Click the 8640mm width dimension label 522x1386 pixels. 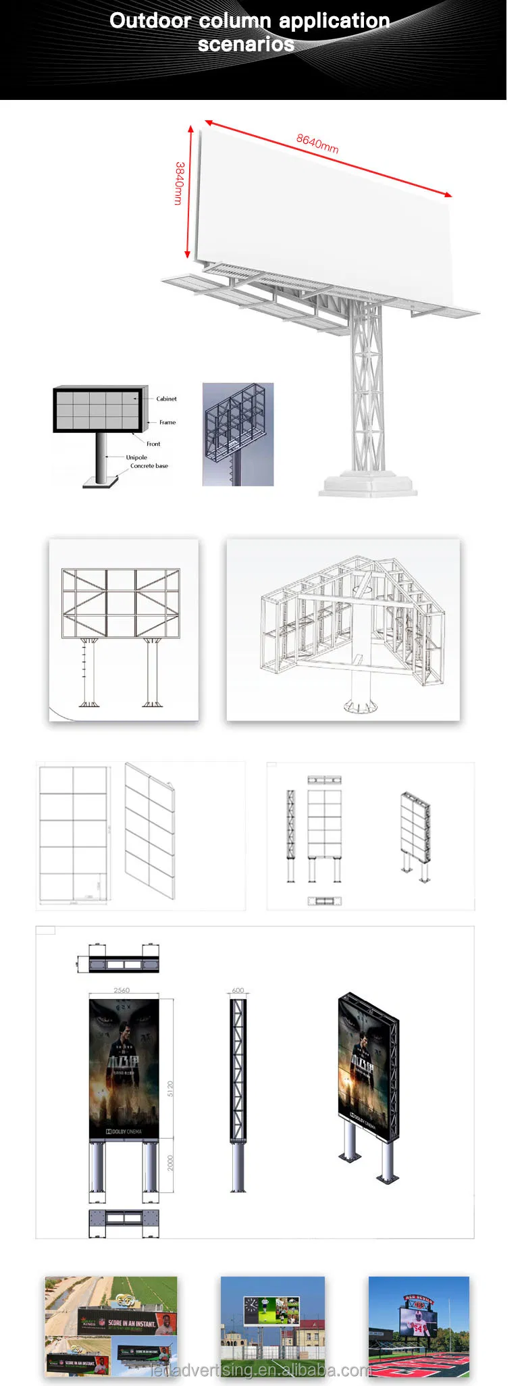click(317, 143)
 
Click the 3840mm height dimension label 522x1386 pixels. click(179, 183)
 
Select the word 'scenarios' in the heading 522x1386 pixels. click(246, 45)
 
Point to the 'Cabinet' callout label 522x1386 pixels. click(166, 399)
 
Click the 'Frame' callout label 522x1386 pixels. click(167, 422)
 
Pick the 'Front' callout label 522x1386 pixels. click(153, 444)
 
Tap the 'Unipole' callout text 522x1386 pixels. click(136, 457)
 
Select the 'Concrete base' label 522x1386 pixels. click(149, 466)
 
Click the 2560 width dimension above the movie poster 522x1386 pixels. click(122, 990)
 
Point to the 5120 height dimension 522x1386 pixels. click(170, 1088)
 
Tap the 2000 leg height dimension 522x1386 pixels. click(170, 1162)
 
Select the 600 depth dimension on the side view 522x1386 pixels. click(238, 990)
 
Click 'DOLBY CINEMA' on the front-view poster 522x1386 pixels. click(124, 1131)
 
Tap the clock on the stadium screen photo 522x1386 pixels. click(251, 1306)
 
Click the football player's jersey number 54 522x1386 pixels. click(417, 1329)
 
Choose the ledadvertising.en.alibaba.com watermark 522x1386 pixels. click(261, 1370)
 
